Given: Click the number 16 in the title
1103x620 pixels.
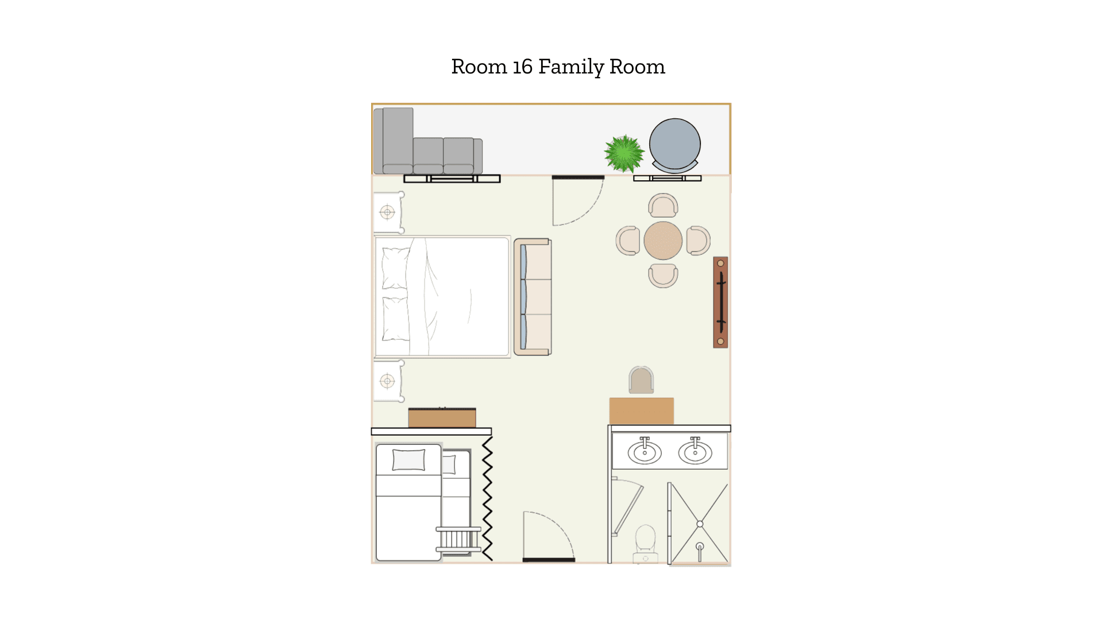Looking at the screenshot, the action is [x=522, y=67].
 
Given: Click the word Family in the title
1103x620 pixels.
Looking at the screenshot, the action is [x=571, y=67].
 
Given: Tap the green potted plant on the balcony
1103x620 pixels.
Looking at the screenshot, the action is [x=624, y=153].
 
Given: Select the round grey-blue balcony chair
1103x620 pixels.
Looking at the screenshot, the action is [x=675, y=145].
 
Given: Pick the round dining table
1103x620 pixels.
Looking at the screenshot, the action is [x=663, y=241].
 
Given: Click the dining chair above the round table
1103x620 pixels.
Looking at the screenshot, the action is [x=663, y=205].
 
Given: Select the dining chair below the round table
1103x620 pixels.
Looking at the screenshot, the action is [x=663, y=276].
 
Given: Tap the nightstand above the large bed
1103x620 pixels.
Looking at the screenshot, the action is [x=388, y=212].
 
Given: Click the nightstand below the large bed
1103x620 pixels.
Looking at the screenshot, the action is [x=388, y=381].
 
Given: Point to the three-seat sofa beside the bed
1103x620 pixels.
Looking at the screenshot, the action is [x=533, y=297].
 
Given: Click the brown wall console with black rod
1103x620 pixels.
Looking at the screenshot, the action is [x=720, y=302].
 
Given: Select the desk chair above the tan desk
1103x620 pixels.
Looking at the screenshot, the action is [x=641, y=380].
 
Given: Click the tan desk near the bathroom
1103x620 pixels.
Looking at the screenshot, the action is [x=641, y=411].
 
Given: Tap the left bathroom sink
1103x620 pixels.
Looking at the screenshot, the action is [x=645, y=451].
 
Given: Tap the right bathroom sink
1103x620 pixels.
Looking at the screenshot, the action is [x=695, y=451].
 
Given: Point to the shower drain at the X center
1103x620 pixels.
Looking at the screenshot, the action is [x=700, y=524].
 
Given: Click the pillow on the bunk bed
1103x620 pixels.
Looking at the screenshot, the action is [x=408, y=460].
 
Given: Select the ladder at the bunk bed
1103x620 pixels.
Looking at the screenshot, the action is [x=458, y=540].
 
